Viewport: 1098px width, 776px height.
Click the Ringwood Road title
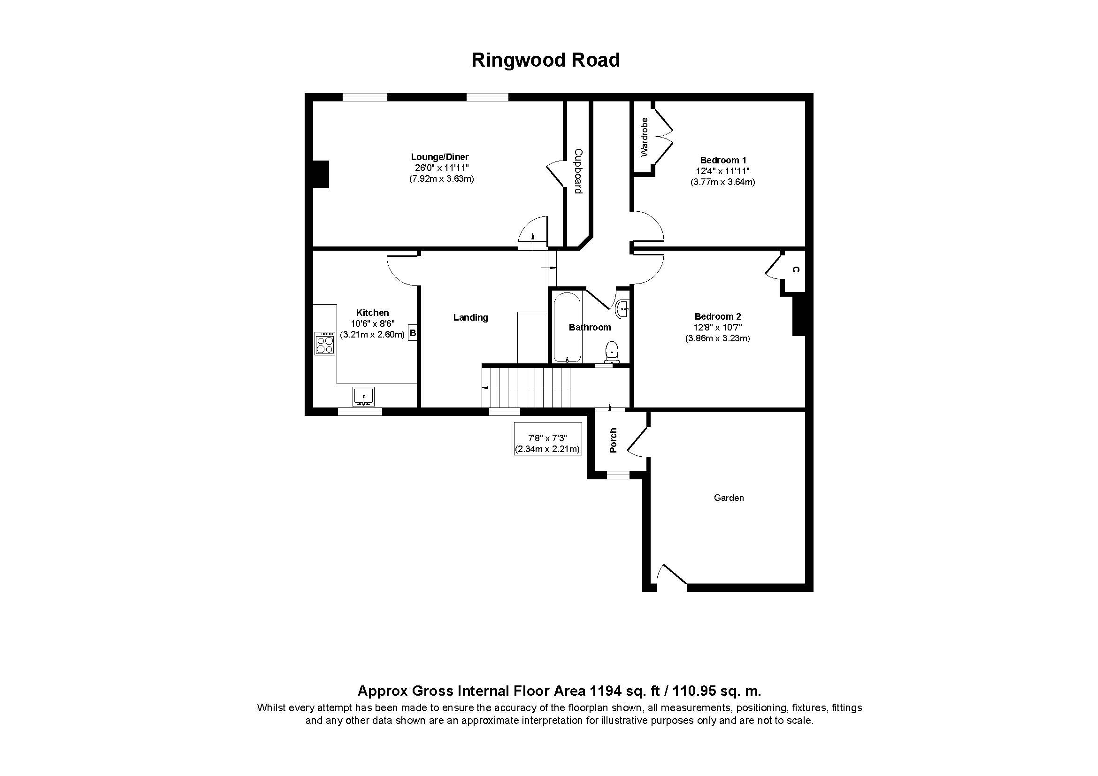click(545, 60)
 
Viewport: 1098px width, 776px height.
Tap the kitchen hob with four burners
click(325, 343)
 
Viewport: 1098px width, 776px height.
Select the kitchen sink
click(363, 397)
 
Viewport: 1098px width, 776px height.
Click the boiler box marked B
click(413, 333)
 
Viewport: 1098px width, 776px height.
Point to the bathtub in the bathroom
click(567, 328)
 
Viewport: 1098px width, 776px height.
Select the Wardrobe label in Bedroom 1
click(644, 137)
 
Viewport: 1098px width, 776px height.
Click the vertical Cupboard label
click(578, 171)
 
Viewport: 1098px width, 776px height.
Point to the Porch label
click(613, 440)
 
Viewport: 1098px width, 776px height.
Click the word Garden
click(729, 498)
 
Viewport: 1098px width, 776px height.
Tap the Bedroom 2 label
click(717, 316)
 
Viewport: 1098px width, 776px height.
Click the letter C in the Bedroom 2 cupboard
click(795, 269)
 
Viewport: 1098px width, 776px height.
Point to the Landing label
click(470, 317)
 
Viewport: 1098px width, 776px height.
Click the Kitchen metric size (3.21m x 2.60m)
click(373, 335)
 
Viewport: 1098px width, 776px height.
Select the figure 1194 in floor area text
click(605, 691)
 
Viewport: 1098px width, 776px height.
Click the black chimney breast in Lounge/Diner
click(321, 175)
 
